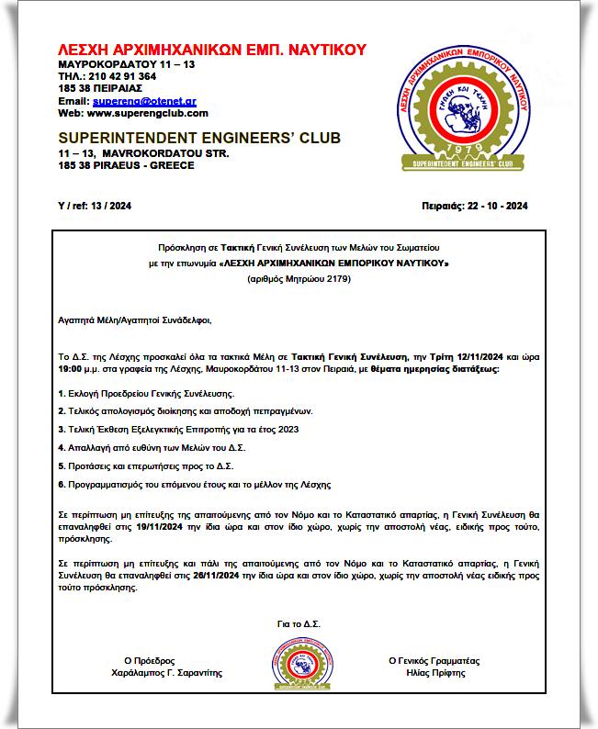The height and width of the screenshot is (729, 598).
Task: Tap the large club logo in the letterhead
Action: click(x=459, y=108)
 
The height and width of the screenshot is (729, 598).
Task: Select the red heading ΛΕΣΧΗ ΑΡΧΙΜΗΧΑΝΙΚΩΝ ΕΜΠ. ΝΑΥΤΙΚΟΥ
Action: click(x=211, y=50)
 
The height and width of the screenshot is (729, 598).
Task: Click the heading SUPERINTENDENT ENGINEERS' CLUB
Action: click(x=198, y=139)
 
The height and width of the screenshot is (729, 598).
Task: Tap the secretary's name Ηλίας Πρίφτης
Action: click(x=434, y=673)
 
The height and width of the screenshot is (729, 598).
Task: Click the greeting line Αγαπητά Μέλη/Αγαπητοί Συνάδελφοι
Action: click(x=134, y=320)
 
